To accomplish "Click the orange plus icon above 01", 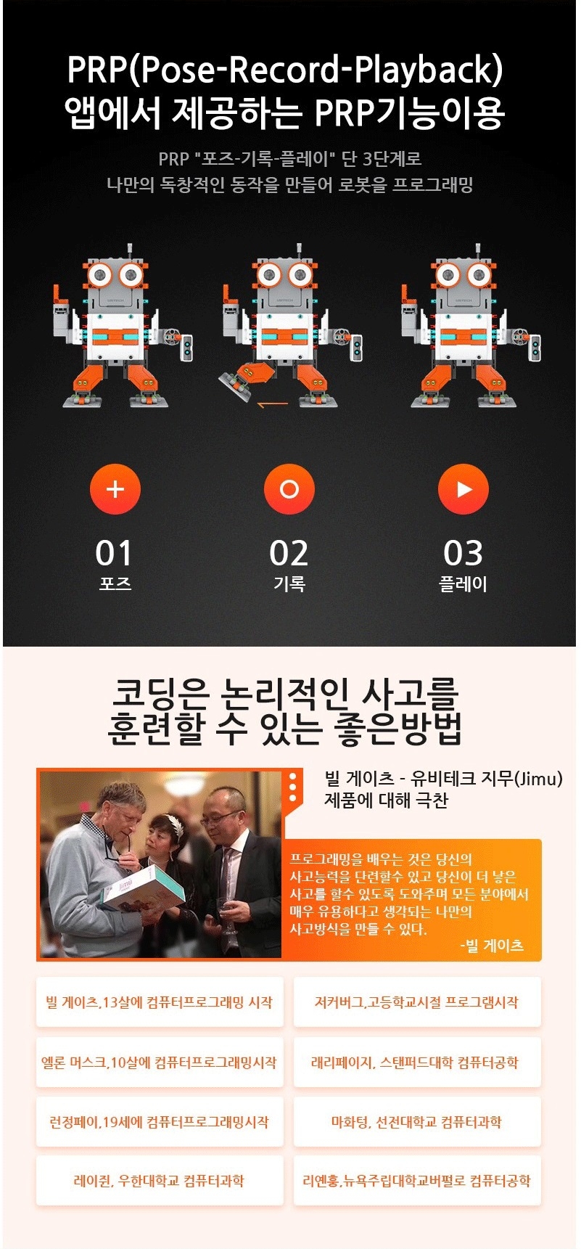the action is pyautogui.click(x=115, y=489).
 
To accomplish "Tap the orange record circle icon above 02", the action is pyautogui.click(x=289, y=489).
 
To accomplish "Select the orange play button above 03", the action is pyautogui.click(x=463, y=489).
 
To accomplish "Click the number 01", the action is pyautogui.click(x=114, y=553).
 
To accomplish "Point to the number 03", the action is pyautogui.click(x=463, y=553).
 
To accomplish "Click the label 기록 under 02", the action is pyautogui.click(x=289, y=584).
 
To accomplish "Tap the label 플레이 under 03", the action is pyautogui.click(x=463, y=584).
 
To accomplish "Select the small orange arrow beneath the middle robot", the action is pyautogui.click(x=273, y=404).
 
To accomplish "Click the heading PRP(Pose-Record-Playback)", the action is pyautogui.click(x=285, y=70).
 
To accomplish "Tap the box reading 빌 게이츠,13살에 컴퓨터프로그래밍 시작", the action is pyautogui.click(x=160, y=1002).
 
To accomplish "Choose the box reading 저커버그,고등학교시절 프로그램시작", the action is pyautogui.click(x=417, y=1002).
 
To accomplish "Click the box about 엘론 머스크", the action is pyautogui.click(x=160, y=1062).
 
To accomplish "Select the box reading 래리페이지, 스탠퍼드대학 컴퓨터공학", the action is pyautogui.click(x=417, y=1062).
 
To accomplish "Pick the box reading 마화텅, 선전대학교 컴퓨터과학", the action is pyautogui.click(x=417, y=1122).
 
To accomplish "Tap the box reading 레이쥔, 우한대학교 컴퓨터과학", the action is pyautogui.click(x=160, y=1181).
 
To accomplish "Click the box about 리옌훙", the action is pyautogui.click(x=417, y=1181).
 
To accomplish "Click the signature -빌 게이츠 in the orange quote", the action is pyautogui.click(x=492, y=946).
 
